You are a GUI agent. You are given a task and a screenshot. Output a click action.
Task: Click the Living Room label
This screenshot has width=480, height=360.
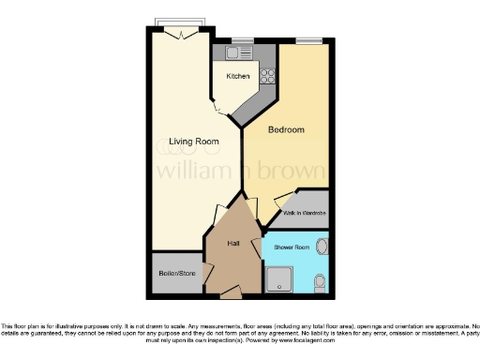[193, 142]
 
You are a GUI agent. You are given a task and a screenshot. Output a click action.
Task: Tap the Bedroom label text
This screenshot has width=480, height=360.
[287, 129]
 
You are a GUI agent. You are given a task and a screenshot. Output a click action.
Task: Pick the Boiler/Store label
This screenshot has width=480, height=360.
[176, 275]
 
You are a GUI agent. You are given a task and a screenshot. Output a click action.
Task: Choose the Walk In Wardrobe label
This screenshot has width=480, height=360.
[305, 214]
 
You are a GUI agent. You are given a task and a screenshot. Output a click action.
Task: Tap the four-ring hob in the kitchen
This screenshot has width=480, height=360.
[266, 76]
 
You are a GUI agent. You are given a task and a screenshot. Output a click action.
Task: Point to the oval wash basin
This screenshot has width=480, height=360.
[322, 247]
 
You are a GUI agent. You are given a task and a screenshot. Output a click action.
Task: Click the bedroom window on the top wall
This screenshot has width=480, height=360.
[306, 40]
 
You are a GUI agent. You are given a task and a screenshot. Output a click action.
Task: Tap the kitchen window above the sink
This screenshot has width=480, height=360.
[241, 40]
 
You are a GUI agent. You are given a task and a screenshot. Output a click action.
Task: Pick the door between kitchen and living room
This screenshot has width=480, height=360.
[218, 108]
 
